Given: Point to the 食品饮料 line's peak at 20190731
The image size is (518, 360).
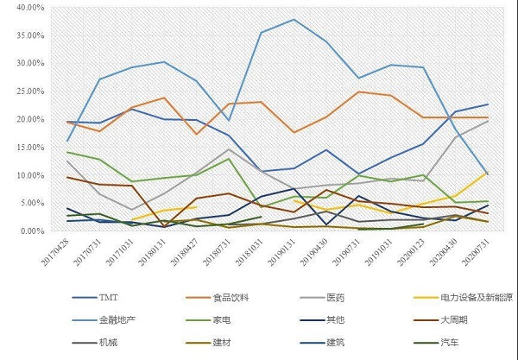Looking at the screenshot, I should (x=358, y=92).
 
